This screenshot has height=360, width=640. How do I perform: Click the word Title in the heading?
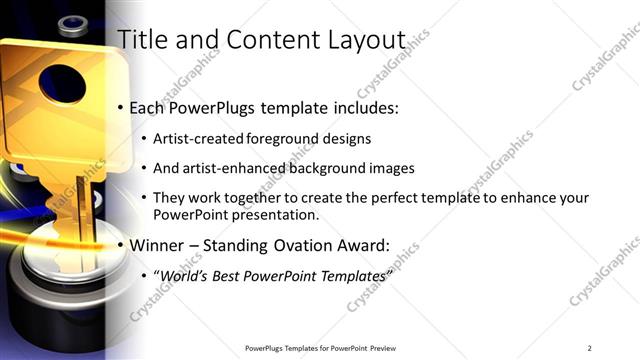tap(142, 39)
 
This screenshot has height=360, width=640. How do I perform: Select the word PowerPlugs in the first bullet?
tap(215, 107)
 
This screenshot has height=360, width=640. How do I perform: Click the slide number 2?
tap(589, 347)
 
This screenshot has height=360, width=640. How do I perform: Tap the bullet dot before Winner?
tap(121, 245)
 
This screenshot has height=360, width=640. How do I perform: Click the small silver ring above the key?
tap(72, 22)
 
